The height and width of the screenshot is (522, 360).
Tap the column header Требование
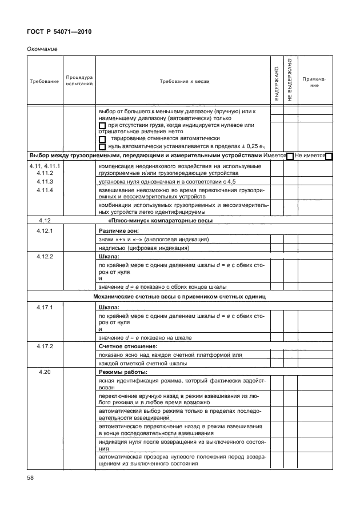(x=44, y=81)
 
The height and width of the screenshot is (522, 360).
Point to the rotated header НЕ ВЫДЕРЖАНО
(x=290, y=80)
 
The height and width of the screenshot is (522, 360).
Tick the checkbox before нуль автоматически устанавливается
(x=103, y=147)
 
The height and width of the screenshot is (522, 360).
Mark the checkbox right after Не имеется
(x=329, y=156)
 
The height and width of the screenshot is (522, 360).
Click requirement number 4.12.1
(x=44, y=230)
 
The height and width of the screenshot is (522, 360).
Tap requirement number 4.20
(x=44, y=373)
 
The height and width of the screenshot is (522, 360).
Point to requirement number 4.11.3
(x=44, y=181)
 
